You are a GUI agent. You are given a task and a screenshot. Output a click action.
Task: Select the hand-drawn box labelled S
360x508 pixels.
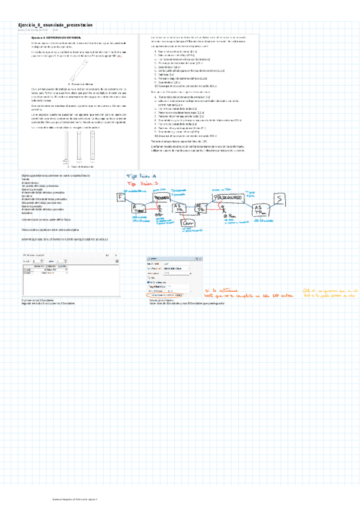tap(279, 199)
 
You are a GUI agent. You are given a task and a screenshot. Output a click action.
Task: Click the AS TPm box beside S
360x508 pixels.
tap(258, 208)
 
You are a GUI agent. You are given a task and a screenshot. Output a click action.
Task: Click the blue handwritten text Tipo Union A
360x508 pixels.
tap(140, 176)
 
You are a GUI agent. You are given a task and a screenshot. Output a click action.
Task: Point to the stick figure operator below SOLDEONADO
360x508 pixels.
tap(223, 211)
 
